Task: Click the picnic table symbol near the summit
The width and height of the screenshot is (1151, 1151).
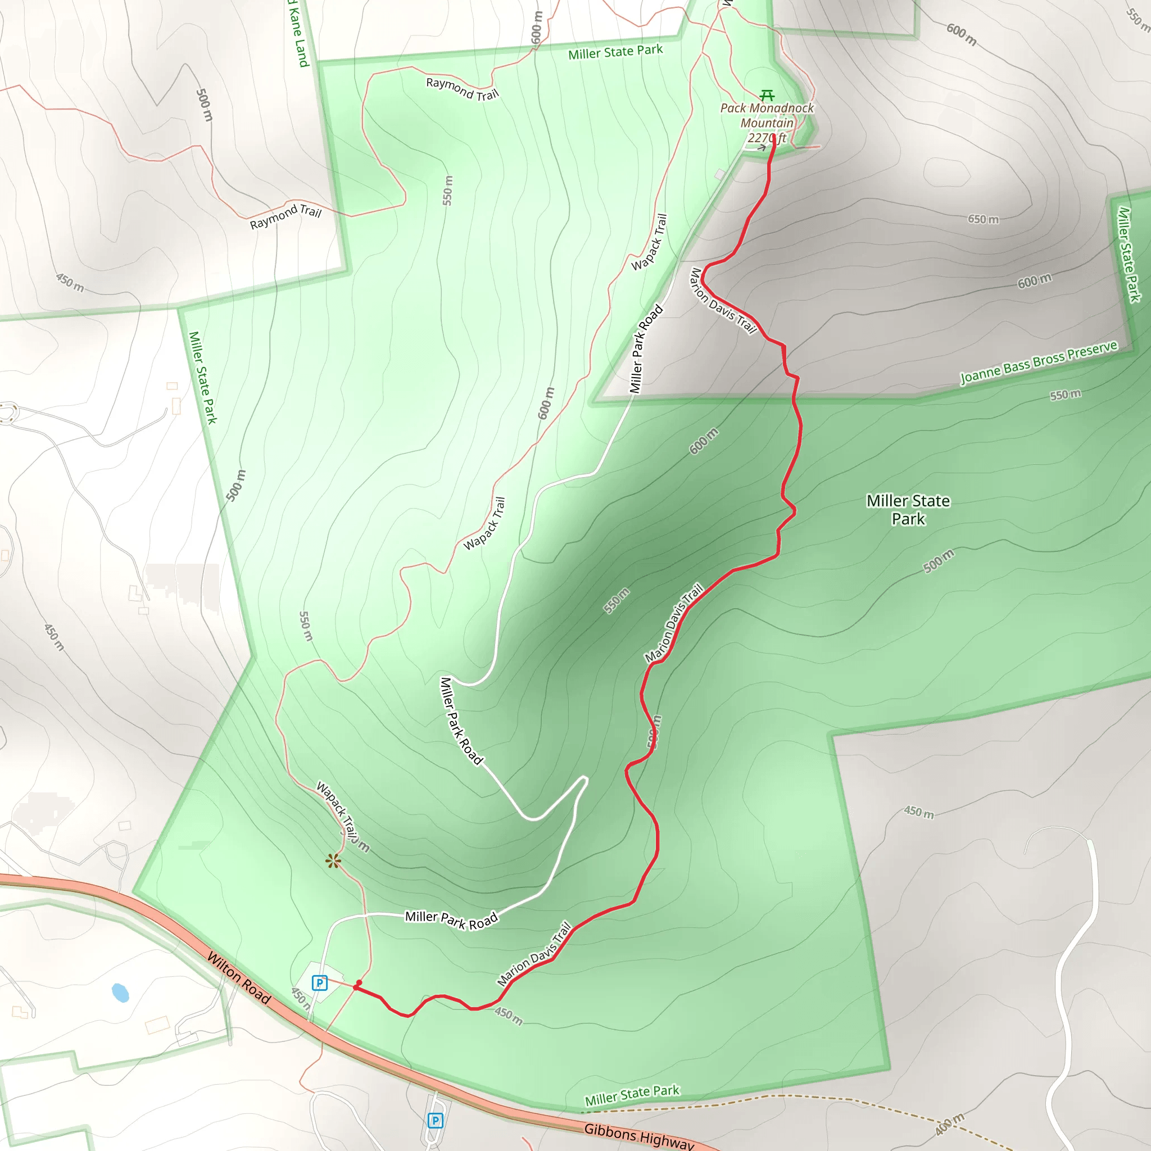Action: [767, 96]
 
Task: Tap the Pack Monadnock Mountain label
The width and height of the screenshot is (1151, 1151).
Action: [767, 116]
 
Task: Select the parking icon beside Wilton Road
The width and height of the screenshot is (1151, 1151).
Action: [320, 982]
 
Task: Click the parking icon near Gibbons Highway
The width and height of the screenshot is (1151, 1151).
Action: [436, 1121]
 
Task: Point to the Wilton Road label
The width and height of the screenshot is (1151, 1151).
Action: [239, 977]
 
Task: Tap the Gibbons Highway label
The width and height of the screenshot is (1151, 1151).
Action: [638, 1135]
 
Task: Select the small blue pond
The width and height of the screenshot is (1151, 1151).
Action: [120, 993]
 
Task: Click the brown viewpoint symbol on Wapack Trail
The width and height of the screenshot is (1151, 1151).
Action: [333, 861]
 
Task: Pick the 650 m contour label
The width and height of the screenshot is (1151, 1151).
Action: [983, 219]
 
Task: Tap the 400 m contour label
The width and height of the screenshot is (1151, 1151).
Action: [949, 1123]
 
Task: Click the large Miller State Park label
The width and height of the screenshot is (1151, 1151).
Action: [908, 509]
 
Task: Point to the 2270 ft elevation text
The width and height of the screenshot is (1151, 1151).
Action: [767, 138]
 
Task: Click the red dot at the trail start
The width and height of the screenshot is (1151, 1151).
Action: [359, 983]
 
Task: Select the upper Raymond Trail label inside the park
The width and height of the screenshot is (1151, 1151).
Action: [463, 89]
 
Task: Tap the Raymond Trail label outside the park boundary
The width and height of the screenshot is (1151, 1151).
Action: [286, 216]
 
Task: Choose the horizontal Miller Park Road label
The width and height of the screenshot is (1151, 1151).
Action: [451, 921]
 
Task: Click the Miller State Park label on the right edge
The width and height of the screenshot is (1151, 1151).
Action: [1128, 255]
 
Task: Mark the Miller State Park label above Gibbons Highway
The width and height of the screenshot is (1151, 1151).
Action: [632, 1095]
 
